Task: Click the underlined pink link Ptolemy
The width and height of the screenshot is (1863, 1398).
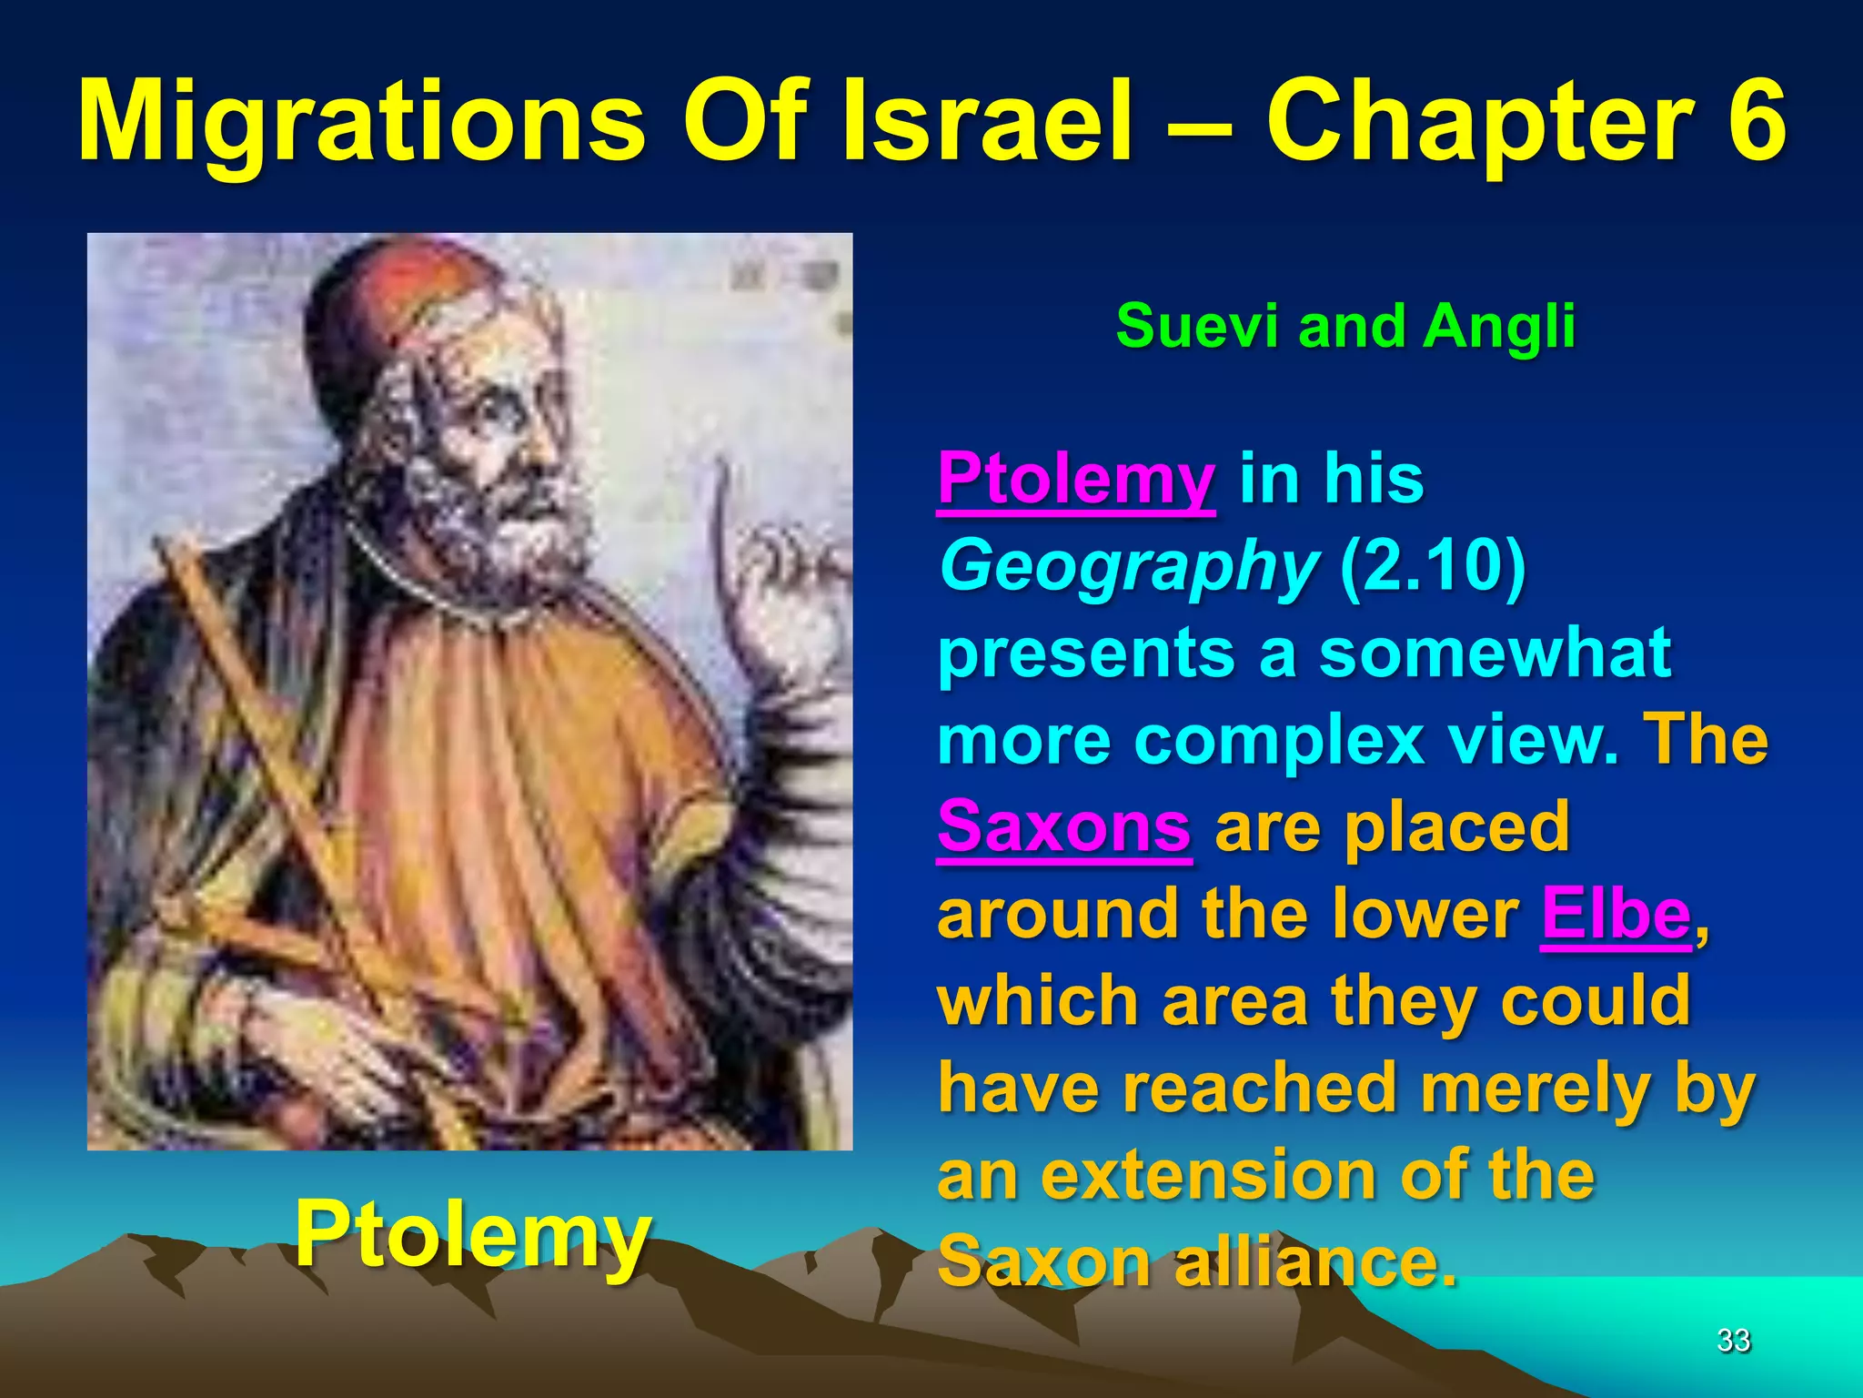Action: pyautogui.click(x=1076, y=479)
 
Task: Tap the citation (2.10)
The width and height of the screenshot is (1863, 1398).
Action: pyautogui.click(x=1434, y=566)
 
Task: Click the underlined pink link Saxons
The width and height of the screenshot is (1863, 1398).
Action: pyautogui.click(x=1063, y=827)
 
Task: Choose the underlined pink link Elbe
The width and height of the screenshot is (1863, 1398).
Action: pyautogui.click(x=1616, y=914)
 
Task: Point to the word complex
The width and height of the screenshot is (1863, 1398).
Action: pyautogui.click(x=1279, y=740)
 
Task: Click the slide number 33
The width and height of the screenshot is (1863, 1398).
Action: pyautogui.click(x=1733, y=1340)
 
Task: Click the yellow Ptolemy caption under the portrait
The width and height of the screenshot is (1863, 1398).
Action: pyautogui.click(x=473, y=1234)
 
